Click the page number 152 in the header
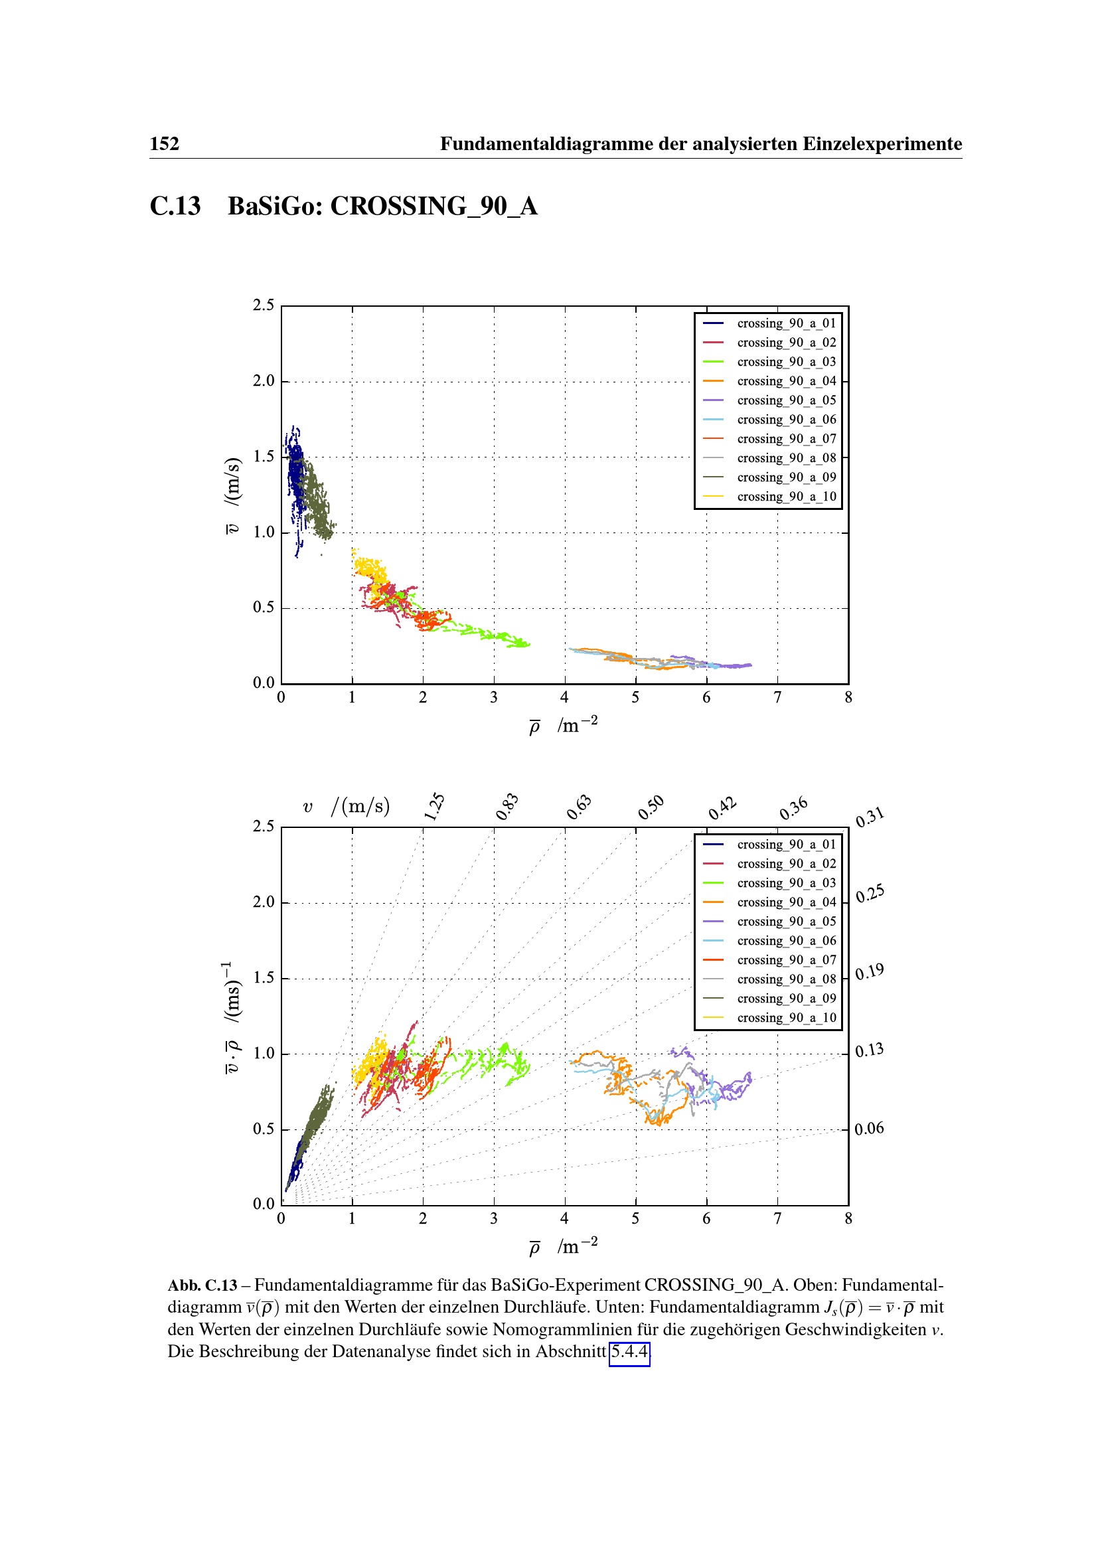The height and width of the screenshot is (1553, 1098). pos(164,144)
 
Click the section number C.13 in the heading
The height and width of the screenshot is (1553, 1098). pos(175,206)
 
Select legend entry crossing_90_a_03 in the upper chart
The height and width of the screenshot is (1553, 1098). pos(785,362)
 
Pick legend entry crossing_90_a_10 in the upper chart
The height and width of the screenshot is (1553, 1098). pos(785,497)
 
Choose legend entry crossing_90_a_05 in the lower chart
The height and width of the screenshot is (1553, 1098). pos(785,922)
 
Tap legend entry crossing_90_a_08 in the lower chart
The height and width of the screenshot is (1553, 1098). pos(785,979)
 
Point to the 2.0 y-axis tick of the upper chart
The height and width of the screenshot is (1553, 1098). pos(264,381)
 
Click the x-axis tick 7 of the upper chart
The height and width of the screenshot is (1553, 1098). pos(777,697)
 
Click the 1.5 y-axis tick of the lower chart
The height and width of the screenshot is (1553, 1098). pos(264,977)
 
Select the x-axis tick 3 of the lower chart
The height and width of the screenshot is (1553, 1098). pos(493,1218)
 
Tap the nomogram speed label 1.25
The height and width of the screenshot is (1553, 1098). pos(434,806)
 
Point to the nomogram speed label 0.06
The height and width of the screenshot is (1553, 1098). pos(869,1128)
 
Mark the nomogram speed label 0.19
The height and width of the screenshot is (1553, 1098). pos(869,973)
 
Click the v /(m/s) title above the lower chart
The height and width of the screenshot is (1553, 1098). pos(346,806)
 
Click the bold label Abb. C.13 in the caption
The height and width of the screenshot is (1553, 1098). pos(202,1285)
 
